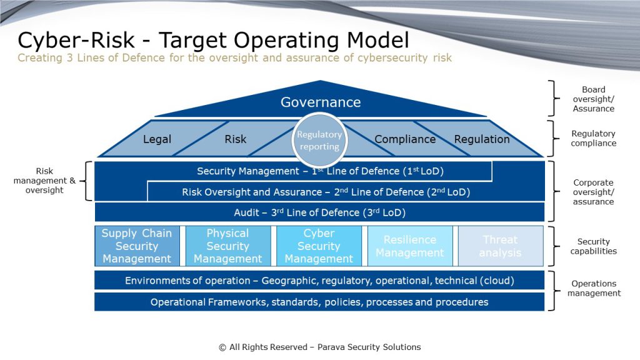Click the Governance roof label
[x=320, y=102]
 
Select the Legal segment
[x=157, y=139]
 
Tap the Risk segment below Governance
[x=235, y=139]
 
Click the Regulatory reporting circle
[x=319, y=141]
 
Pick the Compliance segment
[x=405, y=139]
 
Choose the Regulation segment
[x=482, y=139]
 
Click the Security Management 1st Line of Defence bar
[x=320, y=171]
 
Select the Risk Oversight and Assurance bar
[x=326, y=192]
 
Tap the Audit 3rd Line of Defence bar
[x=320, y=212]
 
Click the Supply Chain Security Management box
[x=137, y=246]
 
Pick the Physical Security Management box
[x=227, y=246]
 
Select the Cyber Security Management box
[x=319, y=246]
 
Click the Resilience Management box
[x=410, y=246]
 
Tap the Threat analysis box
[x=500, y=246]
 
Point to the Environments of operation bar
[x=320, y=281]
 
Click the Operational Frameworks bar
[x=320, y=302]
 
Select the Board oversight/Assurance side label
[x=593, y=99]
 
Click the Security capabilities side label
[x=593, y=246]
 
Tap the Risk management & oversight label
[x=44, y=181]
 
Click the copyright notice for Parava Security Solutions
[x=320, y=347]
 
